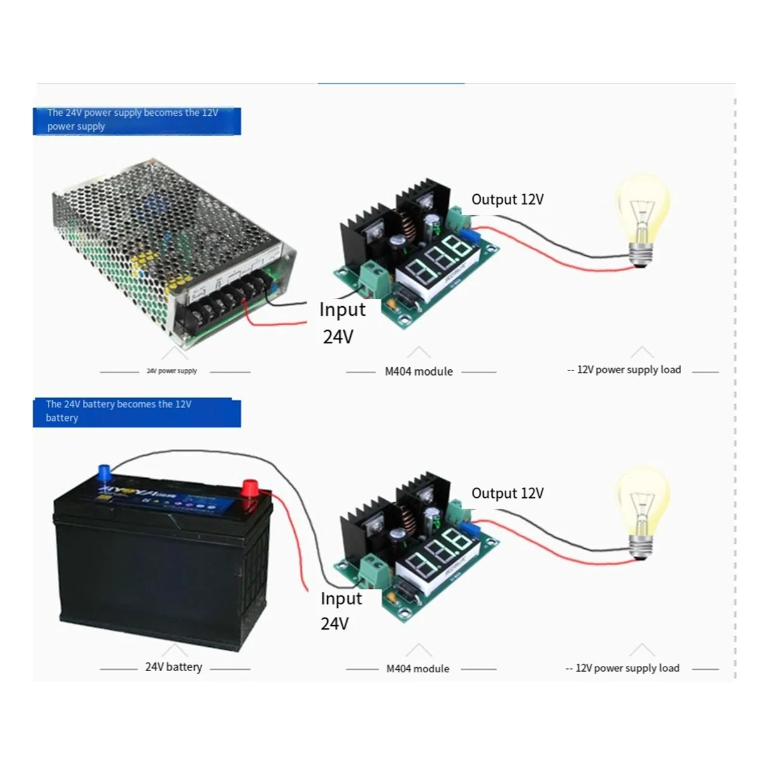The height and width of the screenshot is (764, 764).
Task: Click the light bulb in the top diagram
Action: (642, 216)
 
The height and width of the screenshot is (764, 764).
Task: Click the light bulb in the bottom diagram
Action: (642, 509)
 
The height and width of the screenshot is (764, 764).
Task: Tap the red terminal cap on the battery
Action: (248, 489)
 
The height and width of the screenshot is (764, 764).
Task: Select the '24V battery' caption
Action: (173, 667)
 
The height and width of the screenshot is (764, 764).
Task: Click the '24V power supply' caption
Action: (172, 371)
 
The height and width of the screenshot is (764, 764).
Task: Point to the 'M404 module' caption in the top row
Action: (418, 371)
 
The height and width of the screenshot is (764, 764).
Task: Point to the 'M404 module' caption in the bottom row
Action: (418, 668)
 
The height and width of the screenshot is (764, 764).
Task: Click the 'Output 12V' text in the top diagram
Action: (507, 199)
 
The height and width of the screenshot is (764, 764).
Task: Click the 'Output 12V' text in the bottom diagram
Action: (507, 493)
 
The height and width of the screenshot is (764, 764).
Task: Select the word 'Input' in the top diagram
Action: (343, 310)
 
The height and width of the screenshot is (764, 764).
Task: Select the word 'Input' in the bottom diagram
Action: (341, 598)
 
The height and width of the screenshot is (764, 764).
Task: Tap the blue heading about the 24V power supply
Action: (137, 120)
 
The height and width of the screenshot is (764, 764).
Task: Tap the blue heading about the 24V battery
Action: (137, 411)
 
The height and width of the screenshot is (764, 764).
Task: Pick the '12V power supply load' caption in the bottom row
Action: (627, 668)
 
